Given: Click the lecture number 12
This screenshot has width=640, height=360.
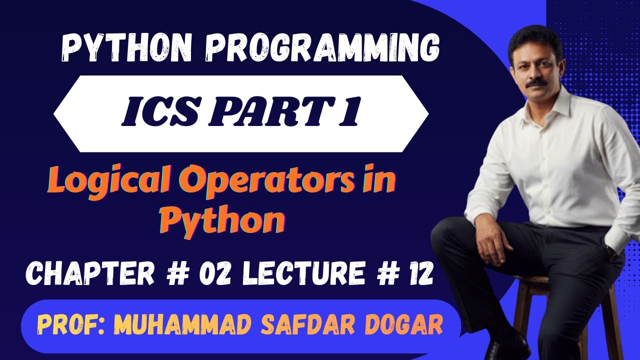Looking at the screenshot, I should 418,274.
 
